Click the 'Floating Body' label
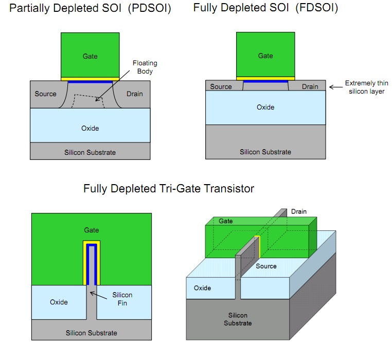pos(145,67)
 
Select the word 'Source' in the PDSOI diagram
pos(45,94)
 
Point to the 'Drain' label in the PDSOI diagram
pos(134,94)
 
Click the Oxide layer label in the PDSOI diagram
pos(90,128)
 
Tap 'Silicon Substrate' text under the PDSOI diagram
pos(90,152)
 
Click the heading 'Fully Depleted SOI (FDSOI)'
pos(265,9)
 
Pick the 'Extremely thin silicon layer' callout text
pos(366,87)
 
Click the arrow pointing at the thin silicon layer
pos(335,87)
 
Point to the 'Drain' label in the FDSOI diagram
pos(310,86)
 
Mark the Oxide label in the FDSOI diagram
pos(265,107)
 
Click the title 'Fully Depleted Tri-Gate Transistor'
pos(169,189)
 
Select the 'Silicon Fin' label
pos(122,298)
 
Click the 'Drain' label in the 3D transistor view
pos(299,211)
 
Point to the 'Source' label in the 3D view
pos(266,266)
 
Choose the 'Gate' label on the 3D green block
pos(226,221)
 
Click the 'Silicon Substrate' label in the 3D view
pos(238,319)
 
